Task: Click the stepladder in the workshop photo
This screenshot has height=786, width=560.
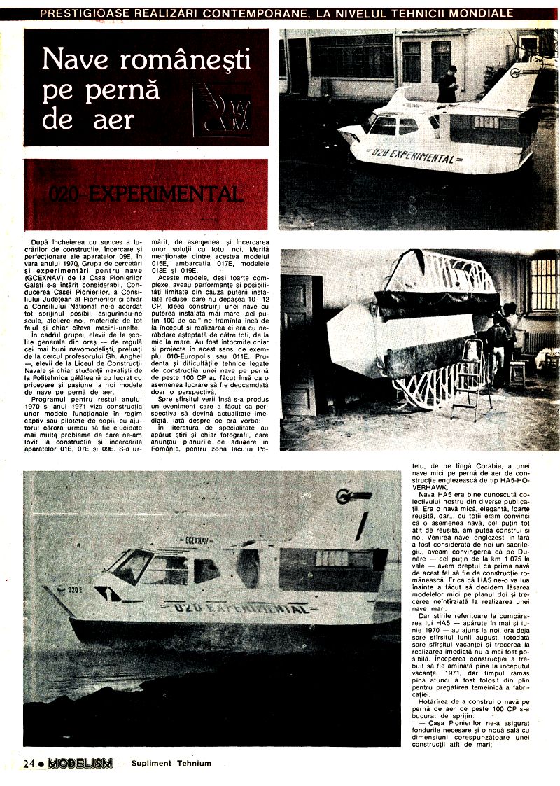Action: [470, 378]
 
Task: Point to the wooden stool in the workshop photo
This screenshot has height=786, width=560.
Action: [517, 373]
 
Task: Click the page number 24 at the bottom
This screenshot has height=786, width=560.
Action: [29, 764]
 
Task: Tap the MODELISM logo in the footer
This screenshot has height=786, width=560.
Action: [80, 764]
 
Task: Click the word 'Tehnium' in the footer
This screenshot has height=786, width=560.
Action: [193, 764]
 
